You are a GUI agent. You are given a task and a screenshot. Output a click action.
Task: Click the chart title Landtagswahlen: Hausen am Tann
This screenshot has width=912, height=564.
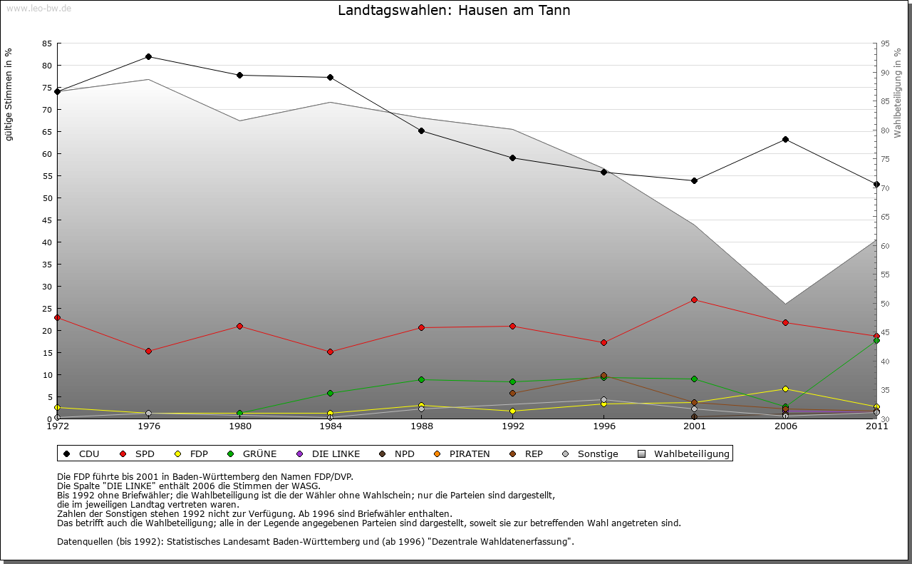click(x=454, y=11)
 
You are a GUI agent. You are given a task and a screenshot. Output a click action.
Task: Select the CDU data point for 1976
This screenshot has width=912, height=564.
click(x=148, y=56)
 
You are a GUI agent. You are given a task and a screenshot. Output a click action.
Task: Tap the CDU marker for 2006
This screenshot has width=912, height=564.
click(x=785, y=139)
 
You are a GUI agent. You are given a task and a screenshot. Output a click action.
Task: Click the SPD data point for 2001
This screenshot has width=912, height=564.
click(x=694, y=299)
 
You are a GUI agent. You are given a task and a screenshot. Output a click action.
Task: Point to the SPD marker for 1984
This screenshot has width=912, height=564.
click(x=331, y=352)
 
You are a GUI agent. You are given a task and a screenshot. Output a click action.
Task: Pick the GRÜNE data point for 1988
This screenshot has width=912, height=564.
click(x=422, y=379)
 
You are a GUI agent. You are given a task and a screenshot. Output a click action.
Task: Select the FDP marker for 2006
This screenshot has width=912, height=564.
click(x=785, y=389)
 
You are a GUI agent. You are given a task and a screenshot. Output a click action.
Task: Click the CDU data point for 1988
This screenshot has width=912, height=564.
click(x=422, y=130)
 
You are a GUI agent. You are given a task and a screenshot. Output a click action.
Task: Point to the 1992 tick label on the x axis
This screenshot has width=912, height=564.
click(x=512, y=426)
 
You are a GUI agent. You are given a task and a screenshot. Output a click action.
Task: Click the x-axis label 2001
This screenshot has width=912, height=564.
click(x=694, y=426)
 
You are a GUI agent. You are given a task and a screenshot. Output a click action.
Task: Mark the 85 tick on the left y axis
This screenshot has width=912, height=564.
click(x=47, y=43)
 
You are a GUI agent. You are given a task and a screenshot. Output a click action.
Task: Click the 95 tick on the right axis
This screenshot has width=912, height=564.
click(x=884, y=43)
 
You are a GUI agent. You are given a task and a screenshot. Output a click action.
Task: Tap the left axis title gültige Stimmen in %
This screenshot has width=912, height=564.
click(x=9, y=94)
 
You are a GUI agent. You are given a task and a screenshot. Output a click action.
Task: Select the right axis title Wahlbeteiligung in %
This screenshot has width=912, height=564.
click(x=897, y=93)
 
